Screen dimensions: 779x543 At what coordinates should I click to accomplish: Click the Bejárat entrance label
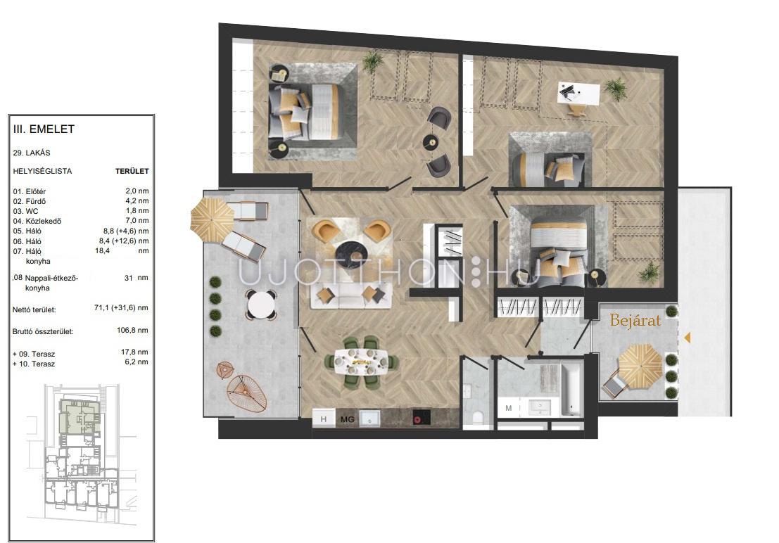(635, 320)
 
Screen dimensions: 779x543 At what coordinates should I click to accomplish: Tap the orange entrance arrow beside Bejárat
(688, 338)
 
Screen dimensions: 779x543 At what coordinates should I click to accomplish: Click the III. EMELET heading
(44, 129)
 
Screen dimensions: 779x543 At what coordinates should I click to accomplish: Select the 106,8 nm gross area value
(133, 330)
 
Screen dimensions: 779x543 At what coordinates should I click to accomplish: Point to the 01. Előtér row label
(30, 191)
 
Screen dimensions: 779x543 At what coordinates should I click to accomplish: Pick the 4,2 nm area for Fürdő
(137, 200)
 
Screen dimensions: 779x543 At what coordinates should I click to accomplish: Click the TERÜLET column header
(132, 171)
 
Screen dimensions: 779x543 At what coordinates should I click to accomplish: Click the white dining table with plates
(362, 362)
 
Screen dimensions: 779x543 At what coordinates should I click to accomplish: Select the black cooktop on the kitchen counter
(422, 418)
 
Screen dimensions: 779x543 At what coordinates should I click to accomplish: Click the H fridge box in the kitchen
(324, 419)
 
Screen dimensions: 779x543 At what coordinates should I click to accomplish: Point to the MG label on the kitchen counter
(347, 419)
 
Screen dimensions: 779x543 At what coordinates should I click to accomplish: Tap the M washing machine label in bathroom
(508, 409)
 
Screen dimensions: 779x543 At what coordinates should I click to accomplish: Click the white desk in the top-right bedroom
(578, 92)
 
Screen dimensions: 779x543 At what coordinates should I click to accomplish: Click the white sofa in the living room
(351, 296)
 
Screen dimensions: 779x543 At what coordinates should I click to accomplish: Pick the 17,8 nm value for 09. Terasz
(134, 352)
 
